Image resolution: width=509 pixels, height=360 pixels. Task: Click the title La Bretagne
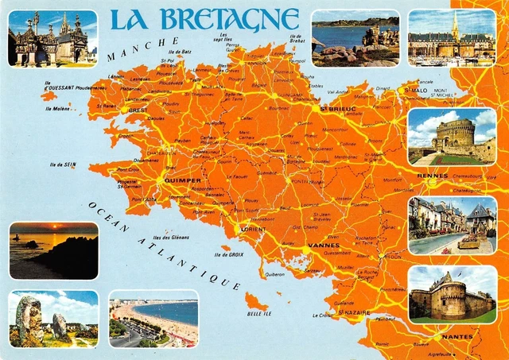(x=204, y=19)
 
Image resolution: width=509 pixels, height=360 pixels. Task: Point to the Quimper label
(x=184, y=180)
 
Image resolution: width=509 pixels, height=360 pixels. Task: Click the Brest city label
(x=138, y=110)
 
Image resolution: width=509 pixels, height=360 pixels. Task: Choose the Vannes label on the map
(x=324, y=246)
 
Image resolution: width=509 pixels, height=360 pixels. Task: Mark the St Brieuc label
(x=337, y=108)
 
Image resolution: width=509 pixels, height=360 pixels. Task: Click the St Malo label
(x=416, y=91)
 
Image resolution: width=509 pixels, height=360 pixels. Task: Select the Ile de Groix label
(x=228, y=254)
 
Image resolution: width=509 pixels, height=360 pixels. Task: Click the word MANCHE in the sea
(x=143, y=48)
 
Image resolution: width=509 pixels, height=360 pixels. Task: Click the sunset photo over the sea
(x=53, y=250)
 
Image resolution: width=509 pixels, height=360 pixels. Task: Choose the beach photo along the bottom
(x=153, y=322)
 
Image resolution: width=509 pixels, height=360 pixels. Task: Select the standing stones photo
(x=53, y=319)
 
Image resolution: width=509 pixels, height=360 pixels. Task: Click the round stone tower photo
(x=451, y=135)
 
